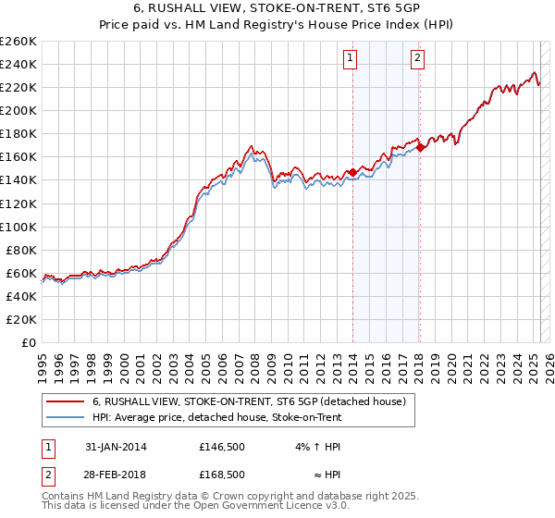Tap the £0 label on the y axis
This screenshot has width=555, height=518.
click(31, 342)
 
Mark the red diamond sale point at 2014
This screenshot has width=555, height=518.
click(352, 172)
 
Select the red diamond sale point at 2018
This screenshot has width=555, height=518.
click(420, 147)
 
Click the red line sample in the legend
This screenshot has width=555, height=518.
click(66, 402)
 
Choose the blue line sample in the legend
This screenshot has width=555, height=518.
click(66, 418)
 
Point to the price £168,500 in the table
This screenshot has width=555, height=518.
click(222, 474)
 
